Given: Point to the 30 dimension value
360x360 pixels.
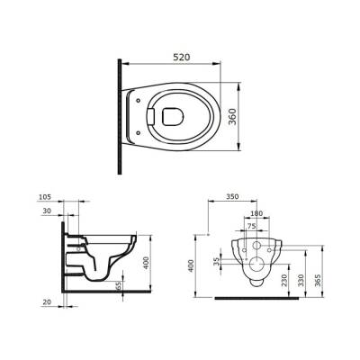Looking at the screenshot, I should coord(46,213).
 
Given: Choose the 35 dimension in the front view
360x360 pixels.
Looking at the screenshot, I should coord(216,262).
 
